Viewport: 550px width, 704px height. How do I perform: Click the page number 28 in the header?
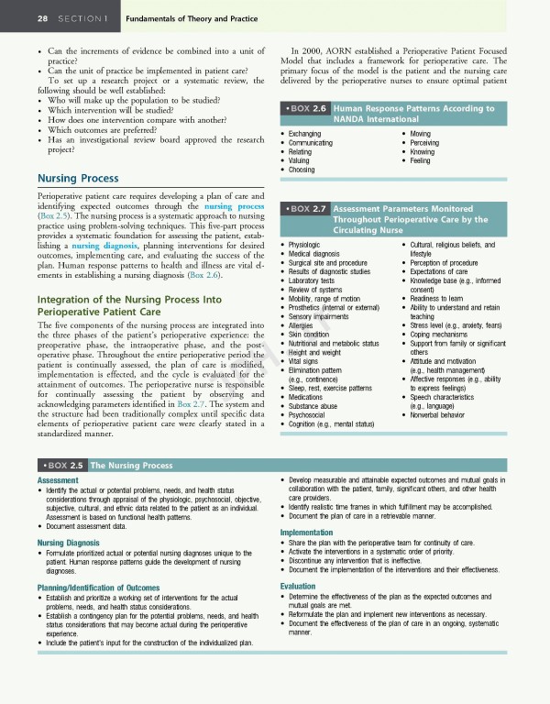[17, 17]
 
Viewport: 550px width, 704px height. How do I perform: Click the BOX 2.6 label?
[307, 108]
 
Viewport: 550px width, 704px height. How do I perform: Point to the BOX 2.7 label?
[307, 208]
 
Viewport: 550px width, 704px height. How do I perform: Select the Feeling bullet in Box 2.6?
[420, 161]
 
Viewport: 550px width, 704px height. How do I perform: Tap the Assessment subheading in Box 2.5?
[57, 480]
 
